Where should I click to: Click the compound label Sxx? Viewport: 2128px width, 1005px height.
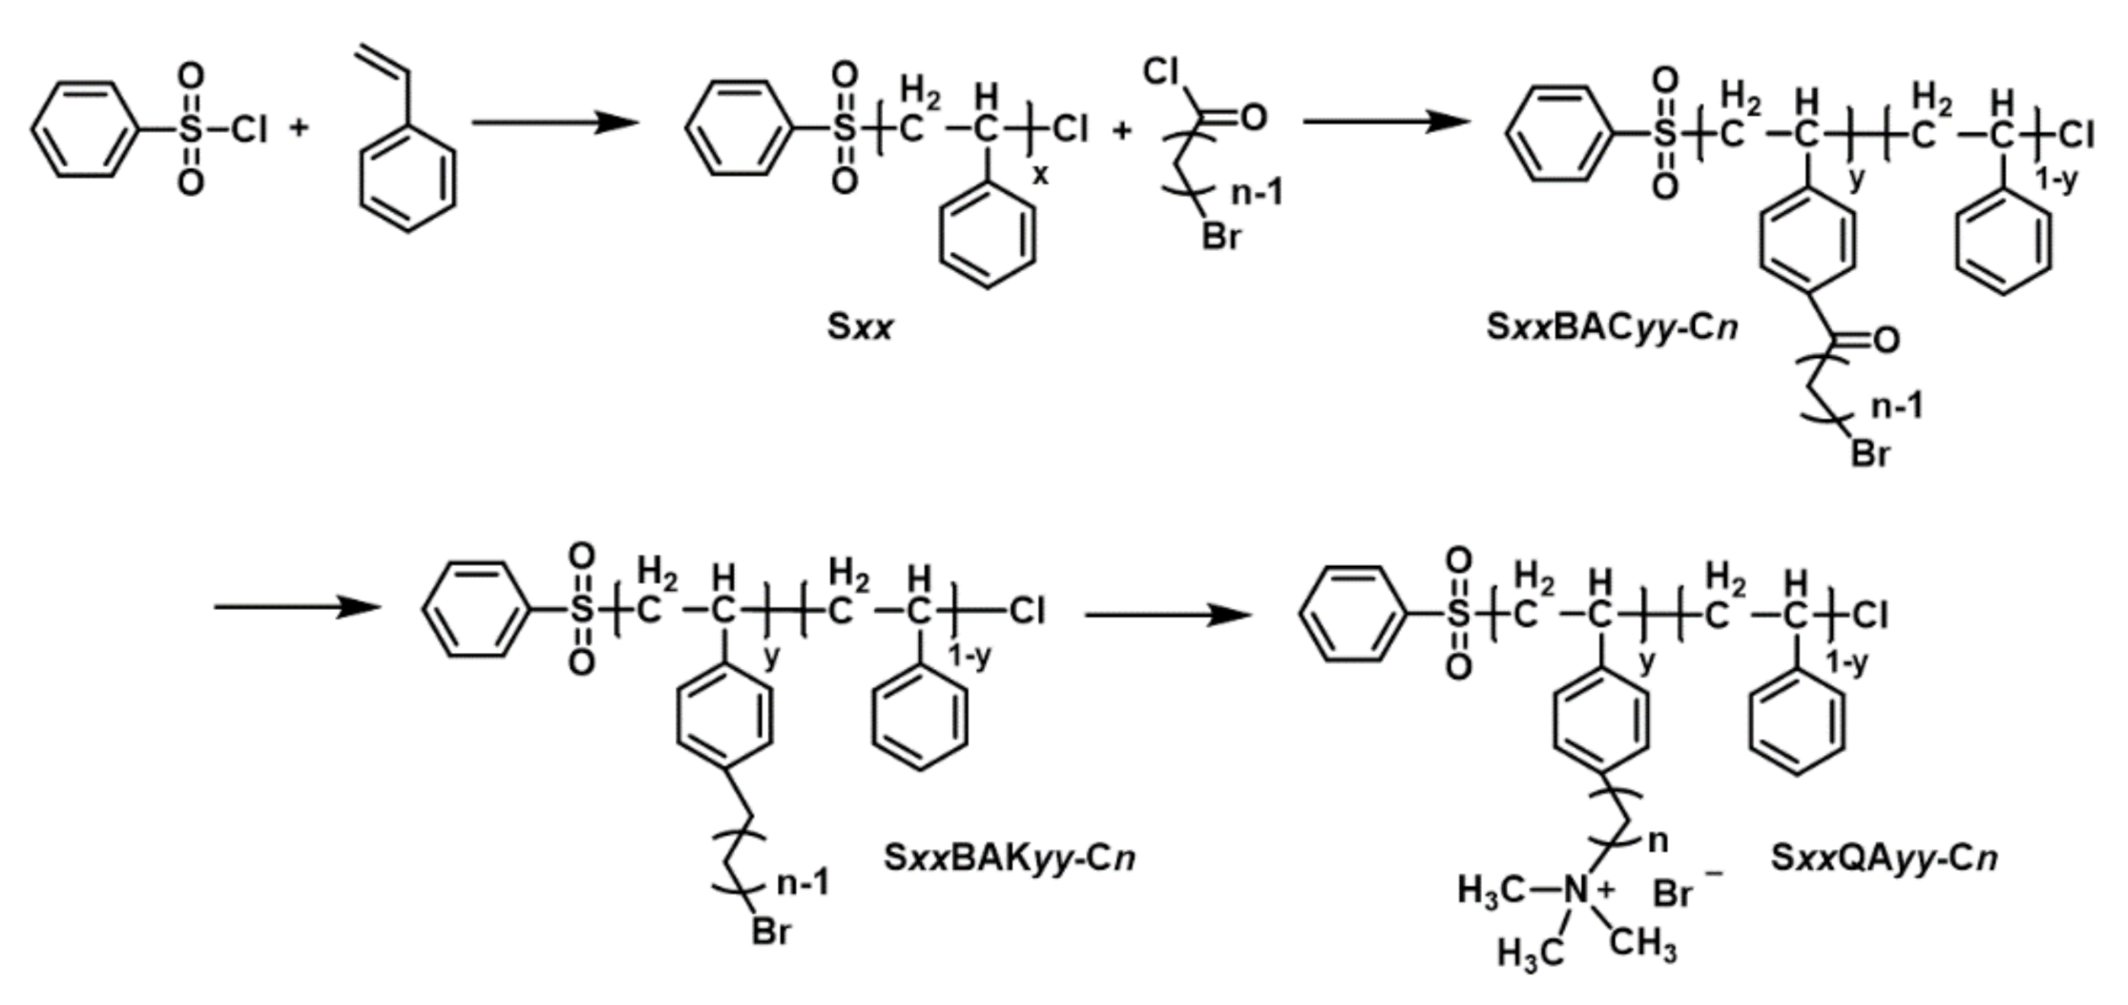click(x=860, y=327)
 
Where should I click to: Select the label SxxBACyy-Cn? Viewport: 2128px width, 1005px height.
click(x=1612, y=327)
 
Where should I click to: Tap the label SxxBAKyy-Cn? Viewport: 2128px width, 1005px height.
click(x=1010, y=857)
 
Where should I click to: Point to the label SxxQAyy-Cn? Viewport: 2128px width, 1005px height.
click(x=1884, y=857)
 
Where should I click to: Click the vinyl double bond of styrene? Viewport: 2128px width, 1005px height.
click(x=382, y=59)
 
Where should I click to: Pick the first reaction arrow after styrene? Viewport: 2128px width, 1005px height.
click(x=554, y=122)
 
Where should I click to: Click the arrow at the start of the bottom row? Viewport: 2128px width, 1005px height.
click(x=297, y=607)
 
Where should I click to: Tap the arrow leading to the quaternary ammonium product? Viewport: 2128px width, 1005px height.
click(x=1168, y=616)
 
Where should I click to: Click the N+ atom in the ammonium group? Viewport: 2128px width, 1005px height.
click(x=1578, y=890)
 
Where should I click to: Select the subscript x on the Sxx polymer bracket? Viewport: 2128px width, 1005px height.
click(x=1040, y=176)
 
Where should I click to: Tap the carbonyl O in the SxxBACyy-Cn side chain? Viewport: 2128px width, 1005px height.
click(x=1887, y=340)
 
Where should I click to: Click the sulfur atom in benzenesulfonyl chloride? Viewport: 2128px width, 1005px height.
click(x=191, y=129)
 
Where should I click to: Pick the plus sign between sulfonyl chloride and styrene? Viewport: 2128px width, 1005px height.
click(x=300, y=127)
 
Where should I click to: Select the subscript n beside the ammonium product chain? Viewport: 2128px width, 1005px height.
click(x=1659, y=841)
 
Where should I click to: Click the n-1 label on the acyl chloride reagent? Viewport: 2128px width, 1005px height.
click(x=1258, y=193)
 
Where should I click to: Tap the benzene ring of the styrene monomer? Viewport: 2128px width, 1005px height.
click(x=407, y=178)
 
